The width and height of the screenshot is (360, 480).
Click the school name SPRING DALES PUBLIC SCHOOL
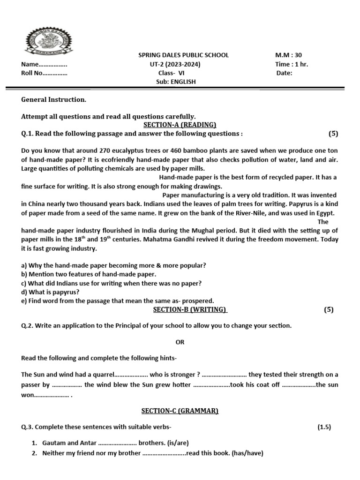click(x=181, y=55)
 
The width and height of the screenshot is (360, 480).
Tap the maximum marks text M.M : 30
click(x=288, y=55)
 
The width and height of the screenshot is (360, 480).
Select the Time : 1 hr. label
click(x=292, y=64)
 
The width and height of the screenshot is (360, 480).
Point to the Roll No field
click(x=44, y=73)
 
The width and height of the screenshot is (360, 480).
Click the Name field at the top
click(x=44, y=64)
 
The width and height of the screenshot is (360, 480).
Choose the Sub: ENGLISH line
click(x=176, y=82)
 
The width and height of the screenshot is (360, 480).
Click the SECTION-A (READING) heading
click(x=180, y=124)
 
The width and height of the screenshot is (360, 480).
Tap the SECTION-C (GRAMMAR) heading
click(x=180, y=411)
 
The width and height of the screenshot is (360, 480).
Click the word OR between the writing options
click(x=180, y=342)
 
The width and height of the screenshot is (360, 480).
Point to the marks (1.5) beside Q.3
click(x=324, y=427)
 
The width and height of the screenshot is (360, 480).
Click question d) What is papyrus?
click(x=50, y=292)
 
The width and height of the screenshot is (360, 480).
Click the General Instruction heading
click(x=54, y=99)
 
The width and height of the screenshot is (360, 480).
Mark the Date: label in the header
click(x=284, y=73)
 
